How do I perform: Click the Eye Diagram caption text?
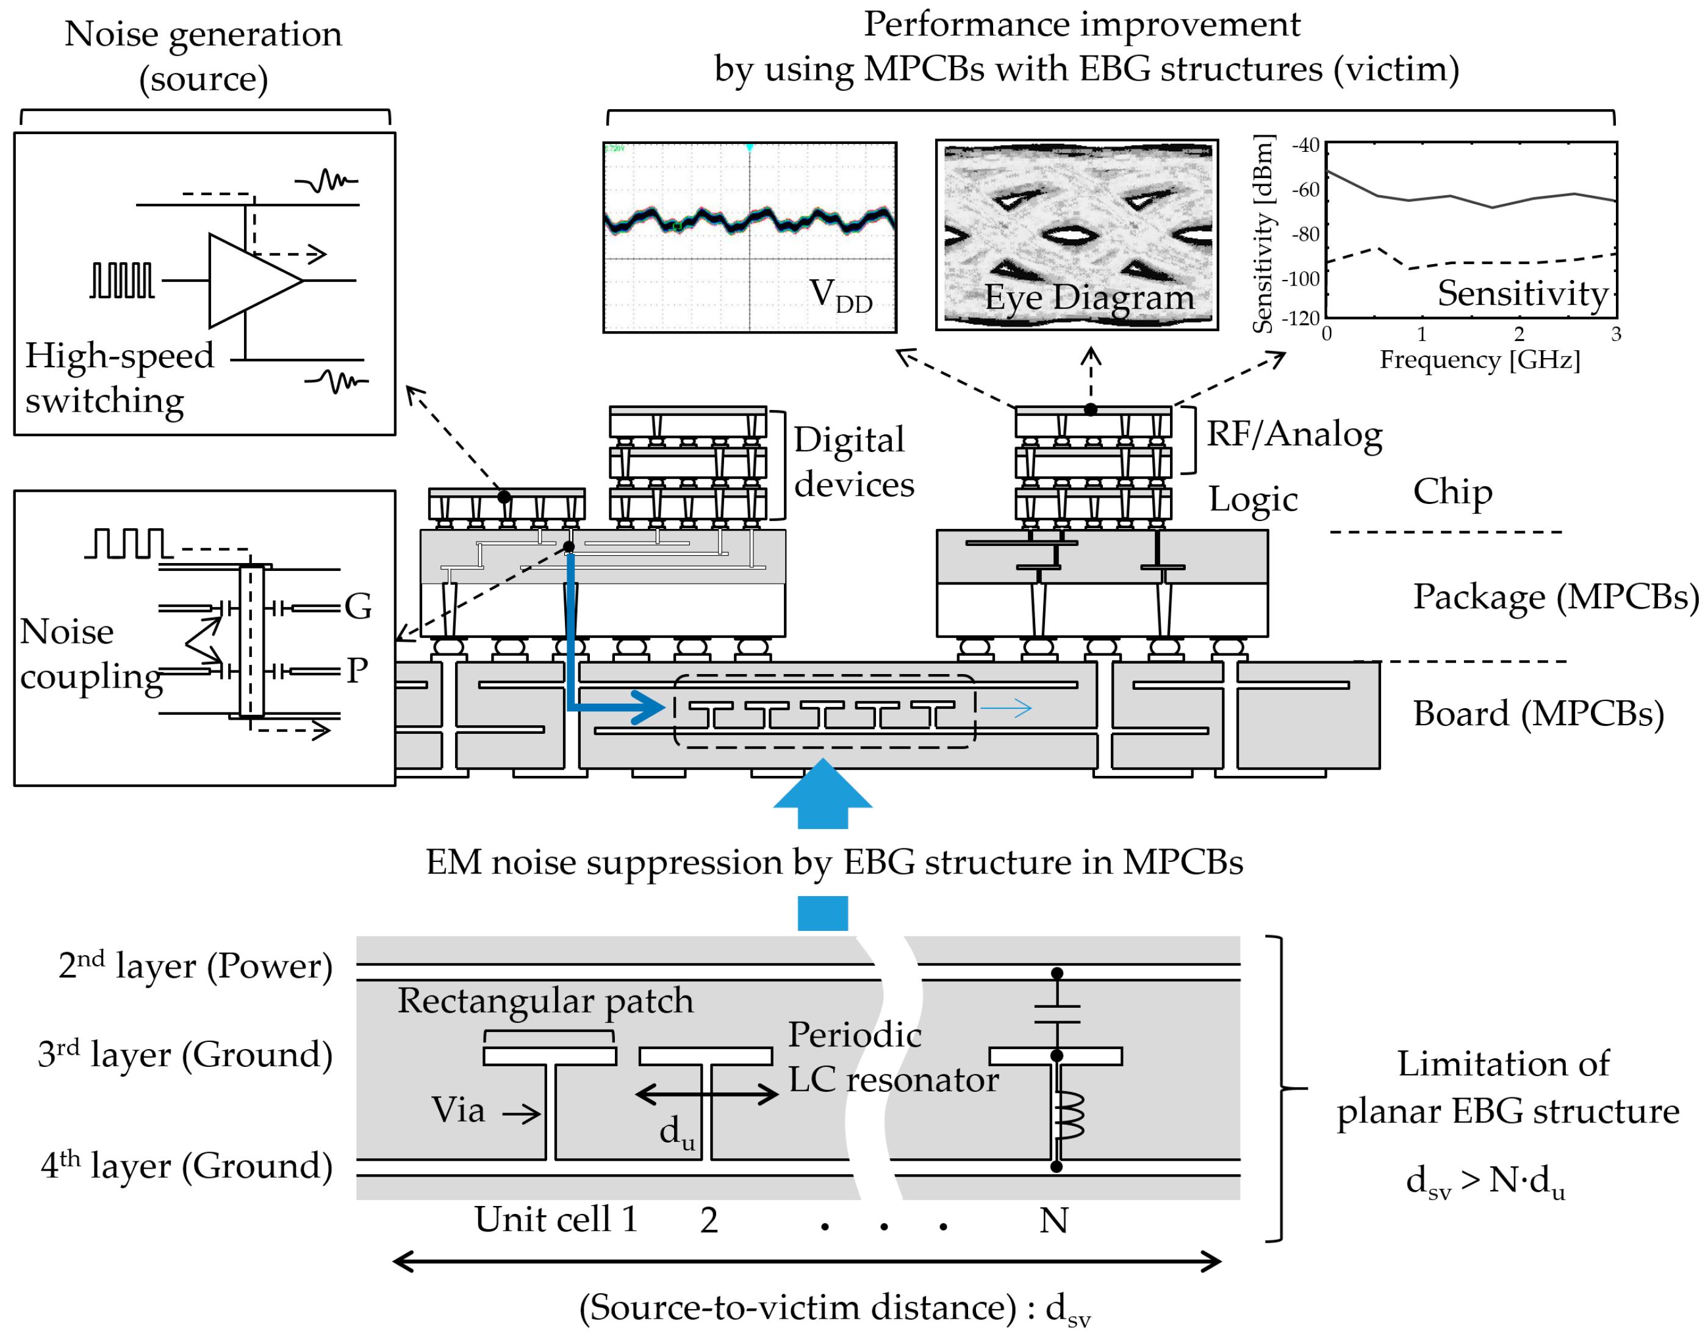click(x=1088, y=297)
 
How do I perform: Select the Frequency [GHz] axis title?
click(x=1479, y=360)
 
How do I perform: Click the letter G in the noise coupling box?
click(x=357, y=606)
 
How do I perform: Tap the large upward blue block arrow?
click(x=822, y=794)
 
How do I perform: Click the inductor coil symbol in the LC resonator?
click(x=1069, y=1116)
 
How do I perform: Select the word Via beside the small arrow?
click(x=457, y=1110)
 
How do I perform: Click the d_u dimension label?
click(x=676, y=1132)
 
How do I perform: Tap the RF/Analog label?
click(x=1293, y=434)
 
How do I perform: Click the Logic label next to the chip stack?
click(x=1252, y=499)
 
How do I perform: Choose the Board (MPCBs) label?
click(x=1538, y=714)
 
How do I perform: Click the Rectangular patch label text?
click(x=545, y=1000)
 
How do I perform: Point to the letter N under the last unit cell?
click(x=1053, y=1220)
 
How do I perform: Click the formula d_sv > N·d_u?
click(x=1485, y=1181)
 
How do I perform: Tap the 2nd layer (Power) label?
click(x=195, y=966)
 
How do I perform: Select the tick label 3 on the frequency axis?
click(x=1615, y=334)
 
